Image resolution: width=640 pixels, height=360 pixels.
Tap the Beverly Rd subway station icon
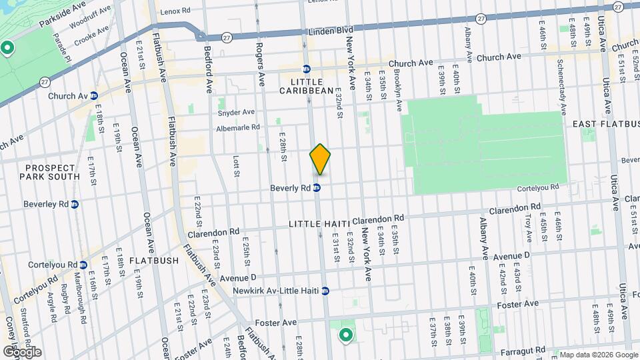click(317, 188)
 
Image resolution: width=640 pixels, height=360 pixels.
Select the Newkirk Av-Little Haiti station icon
click(325, 291)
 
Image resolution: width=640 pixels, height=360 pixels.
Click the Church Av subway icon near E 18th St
click(94, 96)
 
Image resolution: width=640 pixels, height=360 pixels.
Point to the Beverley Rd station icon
click(75, 204)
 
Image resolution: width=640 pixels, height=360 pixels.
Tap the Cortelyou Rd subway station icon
click(83, 265)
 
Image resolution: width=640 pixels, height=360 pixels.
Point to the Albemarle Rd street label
click(237, 127)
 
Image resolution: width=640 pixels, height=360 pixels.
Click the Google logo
click(21, 351)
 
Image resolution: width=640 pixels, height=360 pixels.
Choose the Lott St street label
click(236, 166)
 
